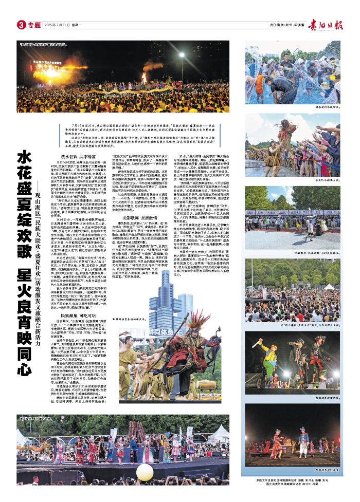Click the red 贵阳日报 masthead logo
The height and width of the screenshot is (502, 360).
pyautogui.click(x=327, y=24)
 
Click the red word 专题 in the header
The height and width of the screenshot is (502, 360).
pyautogui.click(x=34, y=25)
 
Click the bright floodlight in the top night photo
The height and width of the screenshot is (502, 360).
pyautogui.click(x=182, y=55)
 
